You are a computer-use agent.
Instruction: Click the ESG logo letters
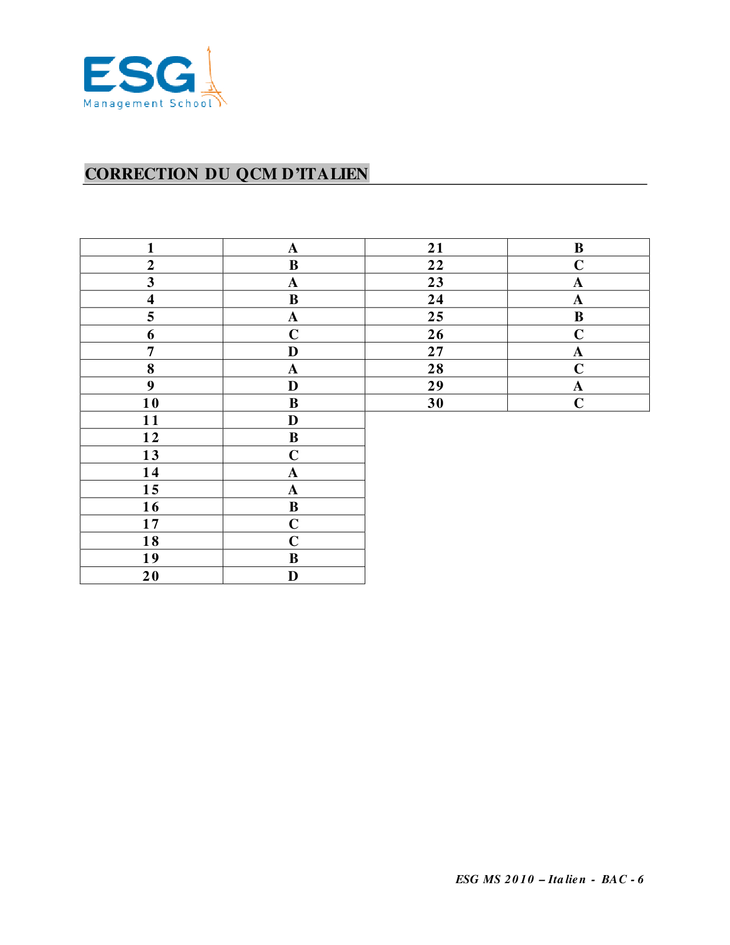coord(139,74)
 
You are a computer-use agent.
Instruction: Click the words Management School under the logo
coord(148,104)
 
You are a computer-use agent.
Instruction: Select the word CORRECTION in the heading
coord(141,174)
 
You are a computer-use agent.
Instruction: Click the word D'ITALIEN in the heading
coord(325,174)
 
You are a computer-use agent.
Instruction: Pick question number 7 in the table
coord(151,352)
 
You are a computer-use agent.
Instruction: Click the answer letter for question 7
coord(293,352)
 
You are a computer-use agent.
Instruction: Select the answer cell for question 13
coord(293,455)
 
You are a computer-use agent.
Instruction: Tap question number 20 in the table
coord(151,576)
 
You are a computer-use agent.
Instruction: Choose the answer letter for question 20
coord(293,576)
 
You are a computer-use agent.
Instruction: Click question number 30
coord(436,403)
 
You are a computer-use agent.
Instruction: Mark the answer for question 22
coord(579,265)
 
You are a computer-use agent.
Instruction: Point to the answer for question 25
coord(579,317)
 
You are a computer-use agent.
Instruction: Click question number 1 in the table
coord(151,248)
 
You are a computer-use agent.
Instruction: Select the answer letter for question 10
coord(293,403)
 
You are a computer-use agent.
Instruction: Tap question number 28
coord(436,369)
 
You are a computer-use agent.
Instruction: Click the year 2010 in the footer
coord(520,880)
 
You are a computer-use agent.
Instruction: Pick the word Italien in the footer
coord(567,880)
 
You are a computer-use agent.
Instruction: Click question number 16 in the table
coord(151,507)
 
